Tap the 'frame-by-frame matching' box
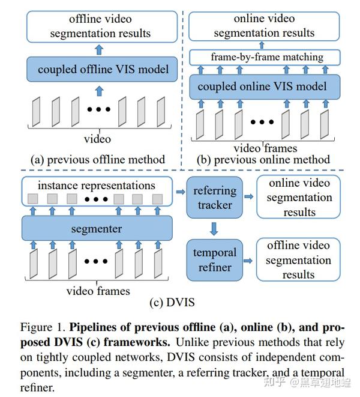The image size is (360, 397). coord(265,58)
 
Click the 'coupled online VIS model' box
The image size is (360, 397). coord(265,86)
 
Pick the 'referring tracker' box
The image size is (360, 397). coord(215,198)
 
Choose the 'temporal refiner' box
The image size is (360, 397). coord(215,260)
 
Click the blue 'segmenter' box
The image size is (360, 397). coord(97,229)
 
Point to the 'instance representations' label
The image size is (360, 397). coord(97,186)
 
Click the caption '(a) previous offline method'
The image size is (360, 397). coord(98,160)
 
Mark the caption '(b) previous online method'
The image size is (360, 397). coord(263,160)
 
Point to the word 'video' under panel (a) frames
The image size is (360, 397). coord(97,139)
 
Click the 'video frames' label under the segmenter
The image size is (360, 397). coord(97,291)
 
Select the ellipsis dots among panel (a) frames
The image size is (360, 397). coord(98,110)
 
